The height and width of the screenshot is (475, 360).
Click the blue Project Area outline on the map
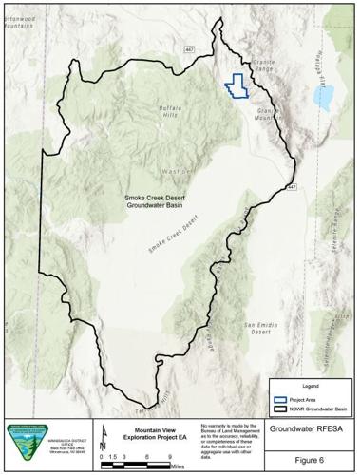tap(236, 85)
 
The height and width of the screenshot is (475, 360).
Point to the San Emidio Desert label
tap(264, 330)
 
